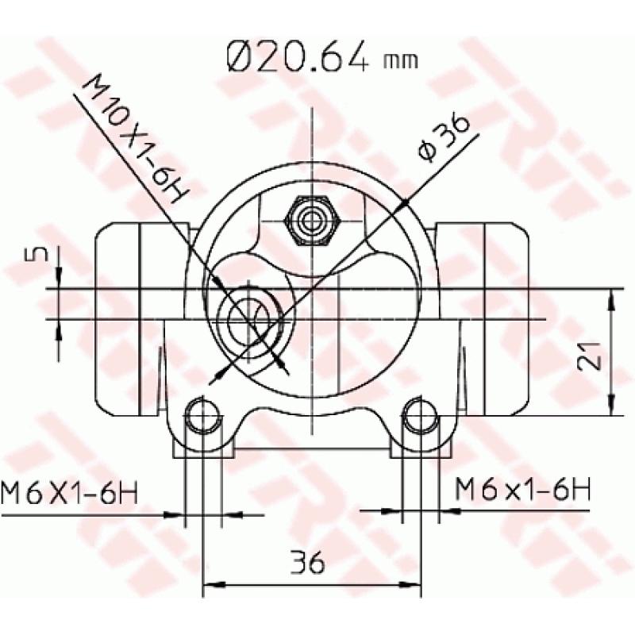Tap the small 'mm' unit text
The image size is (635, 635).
pyautogui.click(x=401, y=60)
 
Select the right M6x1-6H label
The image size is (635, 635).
pyautogui.click(x=522, y=491)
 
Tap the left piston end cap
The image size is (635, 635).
pyautogui.click(x=117, y=317)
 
